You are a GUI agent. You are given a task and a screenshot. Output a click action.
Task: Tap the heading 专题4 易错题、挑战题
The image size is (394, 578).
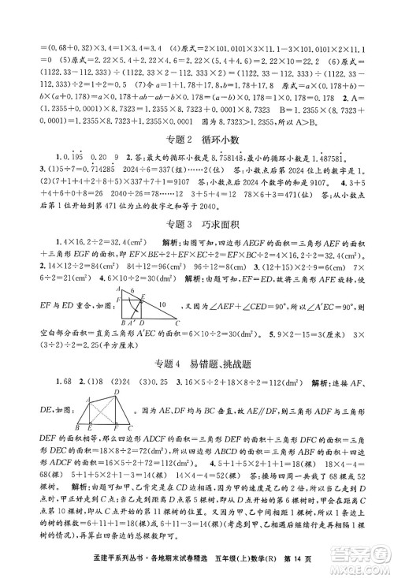tap(196, 362)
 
